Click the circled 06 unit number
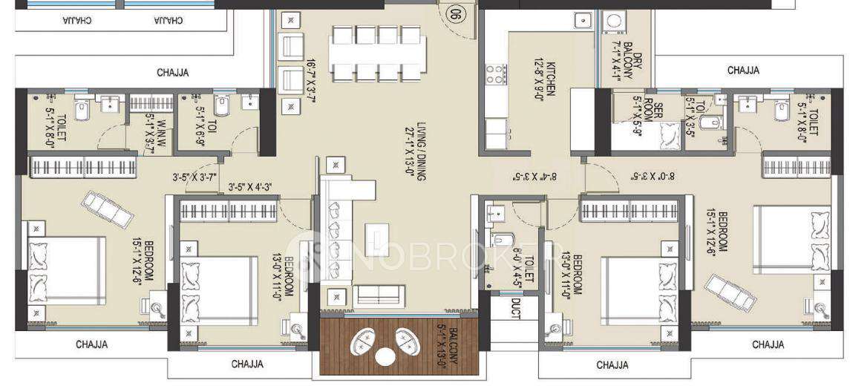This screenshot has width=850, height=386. [455, 13]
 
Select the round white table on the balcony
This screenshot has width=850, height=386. [385, 356]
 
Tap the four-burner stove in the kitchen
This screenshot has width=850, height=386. [495, 74]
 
